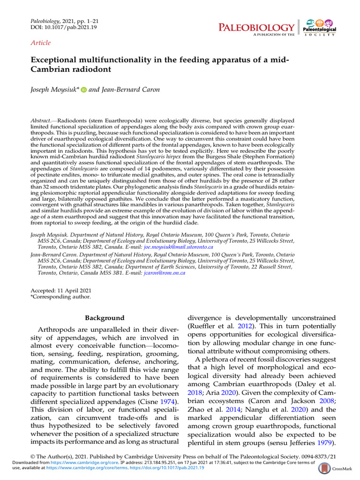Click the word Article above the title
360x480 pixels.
coord(40,43)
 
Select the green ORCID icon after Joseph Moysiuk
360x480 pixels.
coord(84,90)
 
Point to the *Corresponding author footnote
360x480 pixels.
coord(60,296)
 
